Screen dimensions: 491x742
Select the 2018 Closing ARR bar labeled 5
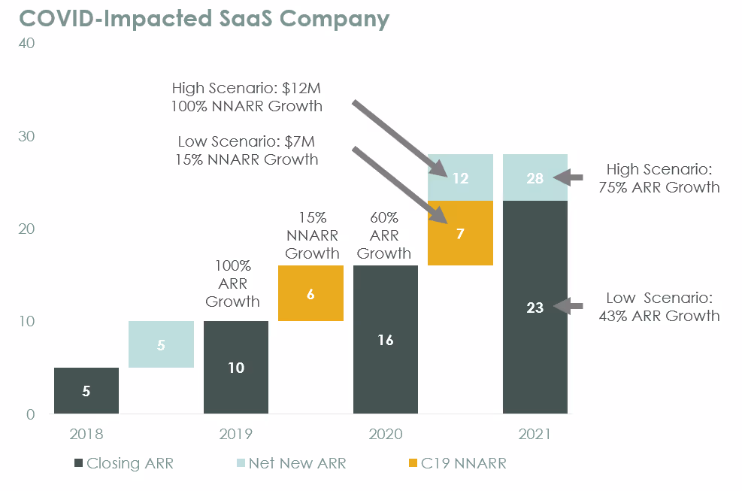click(x=86, y=390)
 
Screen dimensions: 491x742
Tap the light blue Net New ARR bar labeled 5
click(x=161, y=344)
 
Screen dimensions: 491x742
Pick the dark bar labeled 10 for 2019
click(x=235, y=368)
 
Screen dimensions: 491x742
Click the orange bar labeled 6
click(x=310, y=293)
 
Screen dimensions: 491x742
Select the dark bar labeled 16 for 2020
click(x=385, y=340)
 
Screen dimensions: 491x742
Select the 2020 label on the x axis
click(x=385, y=435)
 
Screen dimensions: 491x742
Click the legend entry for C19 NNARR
click(x=454, y=464)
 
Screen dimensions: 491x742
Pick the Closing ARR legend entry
click(x=123, y=464)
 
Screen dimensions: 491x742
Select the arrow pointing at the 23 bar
click(x=568, y=306)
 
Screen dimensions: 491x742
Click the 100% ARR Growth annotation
click(x=232, y=283)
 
